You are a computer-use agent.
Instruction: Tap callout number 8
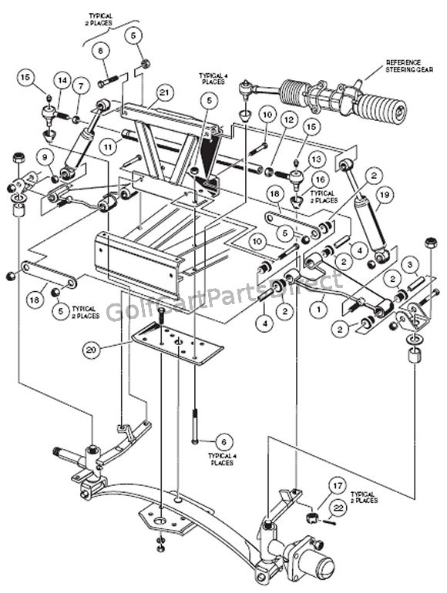pyautogui.click(x=100, y=50)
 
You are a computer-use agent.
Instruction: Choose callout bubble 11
pyautogui.click(x=108, y=143)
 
